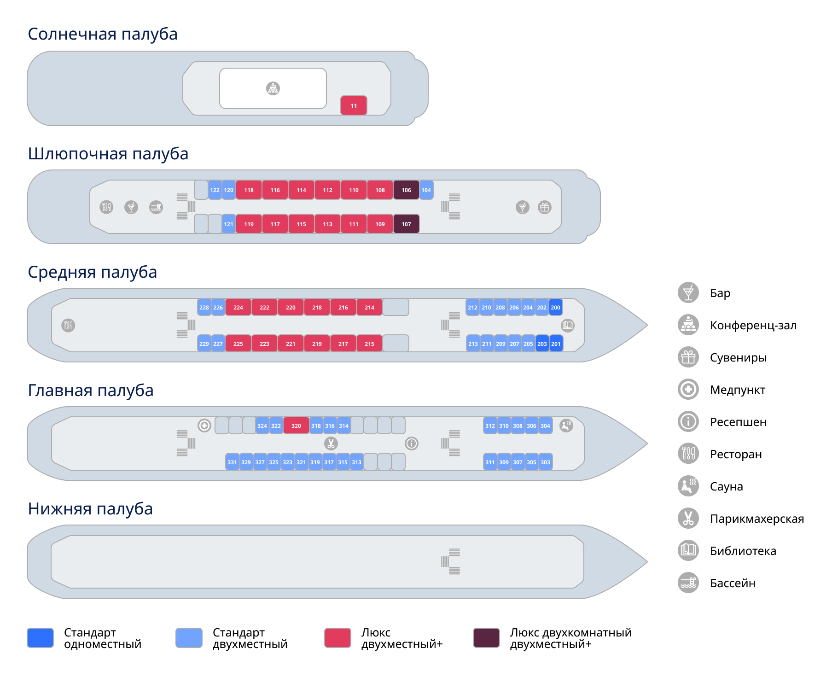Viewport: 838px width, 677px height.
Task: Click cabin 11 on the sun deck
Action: pyautogui.click(x=354, y=105)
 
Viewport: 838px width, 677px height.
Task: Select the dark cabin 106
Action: pyautogui.click(x=406, y=190)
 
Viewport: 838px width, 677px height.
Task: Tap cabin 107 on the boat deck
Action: pyautogui.click(x=406, y=224)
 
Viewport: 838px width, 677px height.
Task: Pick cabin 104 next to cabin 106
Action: pyautogui.click(x=426, y=190)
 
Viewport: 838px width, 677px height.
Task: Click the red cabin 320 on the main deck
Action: pyautogui.click(x=296, y=426)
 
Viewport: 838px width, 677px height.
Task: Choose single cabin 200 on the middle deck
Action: pyautogui.click(x=556, y=307)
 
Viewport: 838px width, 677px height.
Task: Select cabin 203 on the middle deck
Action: pyautogui.click(x=542, y=344)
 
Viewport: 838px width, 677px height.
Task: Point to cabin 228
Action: pyautogui.click(x=204, y=307)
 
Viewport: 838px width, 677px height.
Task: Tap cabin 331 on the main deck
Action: pyautogui.click(x=233, y=462)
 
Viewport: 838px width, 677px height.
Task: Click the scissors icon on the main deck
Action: pyautogui.click(x=331, y=444)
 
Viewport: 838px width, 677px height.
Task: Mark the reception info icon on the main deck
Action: pyautogui.click(x=412, y=444)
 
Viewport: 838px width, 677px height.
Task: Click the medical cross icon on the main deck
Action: pyautogui.click(x=204, y=426)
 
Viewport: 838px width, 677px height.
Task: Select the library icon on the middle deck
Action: pyautogui.click(x=568, y=325)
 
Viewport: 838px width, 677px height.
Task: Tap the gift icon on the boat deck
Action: pyautogui.click(x=545, y=207)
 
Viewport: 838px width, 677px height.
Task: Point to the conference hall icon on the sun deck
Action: pyautogui.click(x=273, y=88)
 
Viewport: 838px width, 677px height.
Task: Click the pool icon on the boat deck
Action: pyautogui.click(x=156, y=207)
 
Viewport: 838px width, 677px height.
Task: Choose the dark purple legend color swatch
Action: pyautogui.click(x=487, y=638)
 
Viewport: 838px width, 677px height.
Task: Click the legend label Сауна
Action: pyautogui.click(x=726, y=486)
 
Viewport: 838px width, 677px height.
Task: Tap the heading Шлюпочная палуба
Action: pyautogui.click(x=108, y=154)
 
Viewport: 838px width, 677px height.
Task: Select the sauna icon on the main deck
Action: pyautogui.click(x=566, y=426)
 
